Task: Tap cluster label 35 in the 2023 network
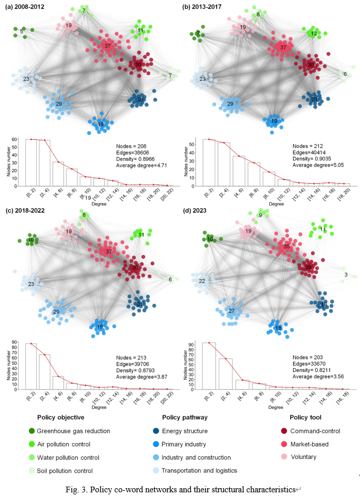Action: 286,247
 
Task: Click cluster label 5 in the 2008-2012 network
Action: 22,32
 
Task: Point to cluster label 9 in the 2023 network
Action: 261,215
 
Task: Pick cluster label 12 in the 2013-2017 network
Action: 313,33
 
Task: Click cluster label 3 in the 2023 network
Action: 346,275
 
